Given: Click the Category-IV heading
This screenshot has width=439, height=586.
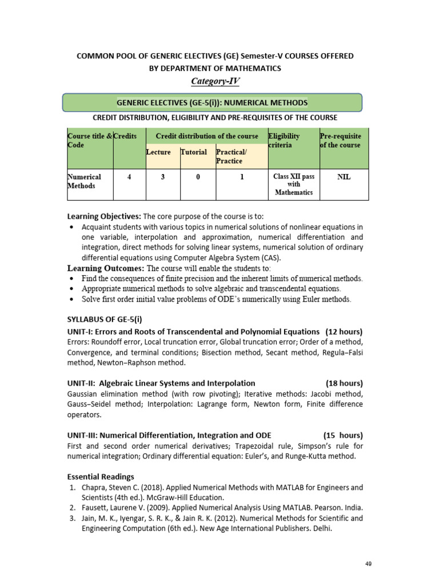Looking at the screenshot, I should pos(215,81).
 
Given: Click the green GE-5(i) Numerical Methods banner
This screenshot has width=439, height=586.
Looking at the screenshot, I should pos(212,103).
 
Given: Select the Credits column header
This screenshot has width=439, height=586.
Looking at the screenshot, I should pos(125,136).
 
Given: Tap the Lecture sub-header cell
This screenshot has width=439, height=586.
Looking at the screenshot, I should pos(158,152).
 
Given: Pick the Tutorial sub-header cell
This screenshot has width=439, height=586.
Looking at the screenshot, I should pos(194,152).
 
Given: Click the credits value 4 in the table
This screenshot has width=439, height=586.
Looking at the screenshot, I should pos(129,177).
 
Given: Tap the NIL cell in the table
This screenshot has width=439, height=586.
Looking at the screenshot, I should pos(344,177).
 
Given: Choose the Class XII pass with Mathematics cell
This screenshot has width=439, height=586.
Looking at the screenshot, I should pos(293,184).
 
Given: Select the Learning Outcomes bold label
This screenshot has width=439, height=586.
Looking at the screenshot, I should pos(106,268).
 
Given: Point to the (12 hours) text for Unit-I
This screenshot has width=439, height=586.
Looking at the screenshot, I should pos(344,331).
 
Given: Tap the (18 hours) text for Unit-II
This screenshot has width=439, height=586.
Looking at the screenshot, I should pos(344,383).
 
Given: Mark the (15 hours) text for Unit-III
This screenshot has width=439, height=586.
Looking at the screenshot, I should pos(343,434).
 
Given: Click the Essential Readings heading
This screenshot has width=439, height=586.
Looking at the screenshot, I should pos(101,476).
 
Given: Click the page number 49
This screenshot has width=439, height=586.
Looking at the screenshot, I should pos(368,564).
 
